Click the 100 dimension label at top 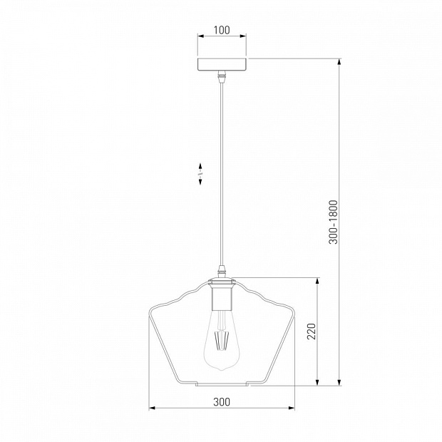pos(222,30)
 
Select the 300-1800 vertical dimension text pos(333,222)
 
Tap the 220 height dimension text pos(312,331)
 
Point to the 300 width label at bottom pos(222,401)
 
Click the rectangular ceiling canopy pos(222,65)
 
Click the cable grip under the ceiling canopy pos(222,76)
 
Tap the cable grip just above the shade pos(222,271)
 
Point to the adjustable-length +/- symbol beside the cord pos(200,174)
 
